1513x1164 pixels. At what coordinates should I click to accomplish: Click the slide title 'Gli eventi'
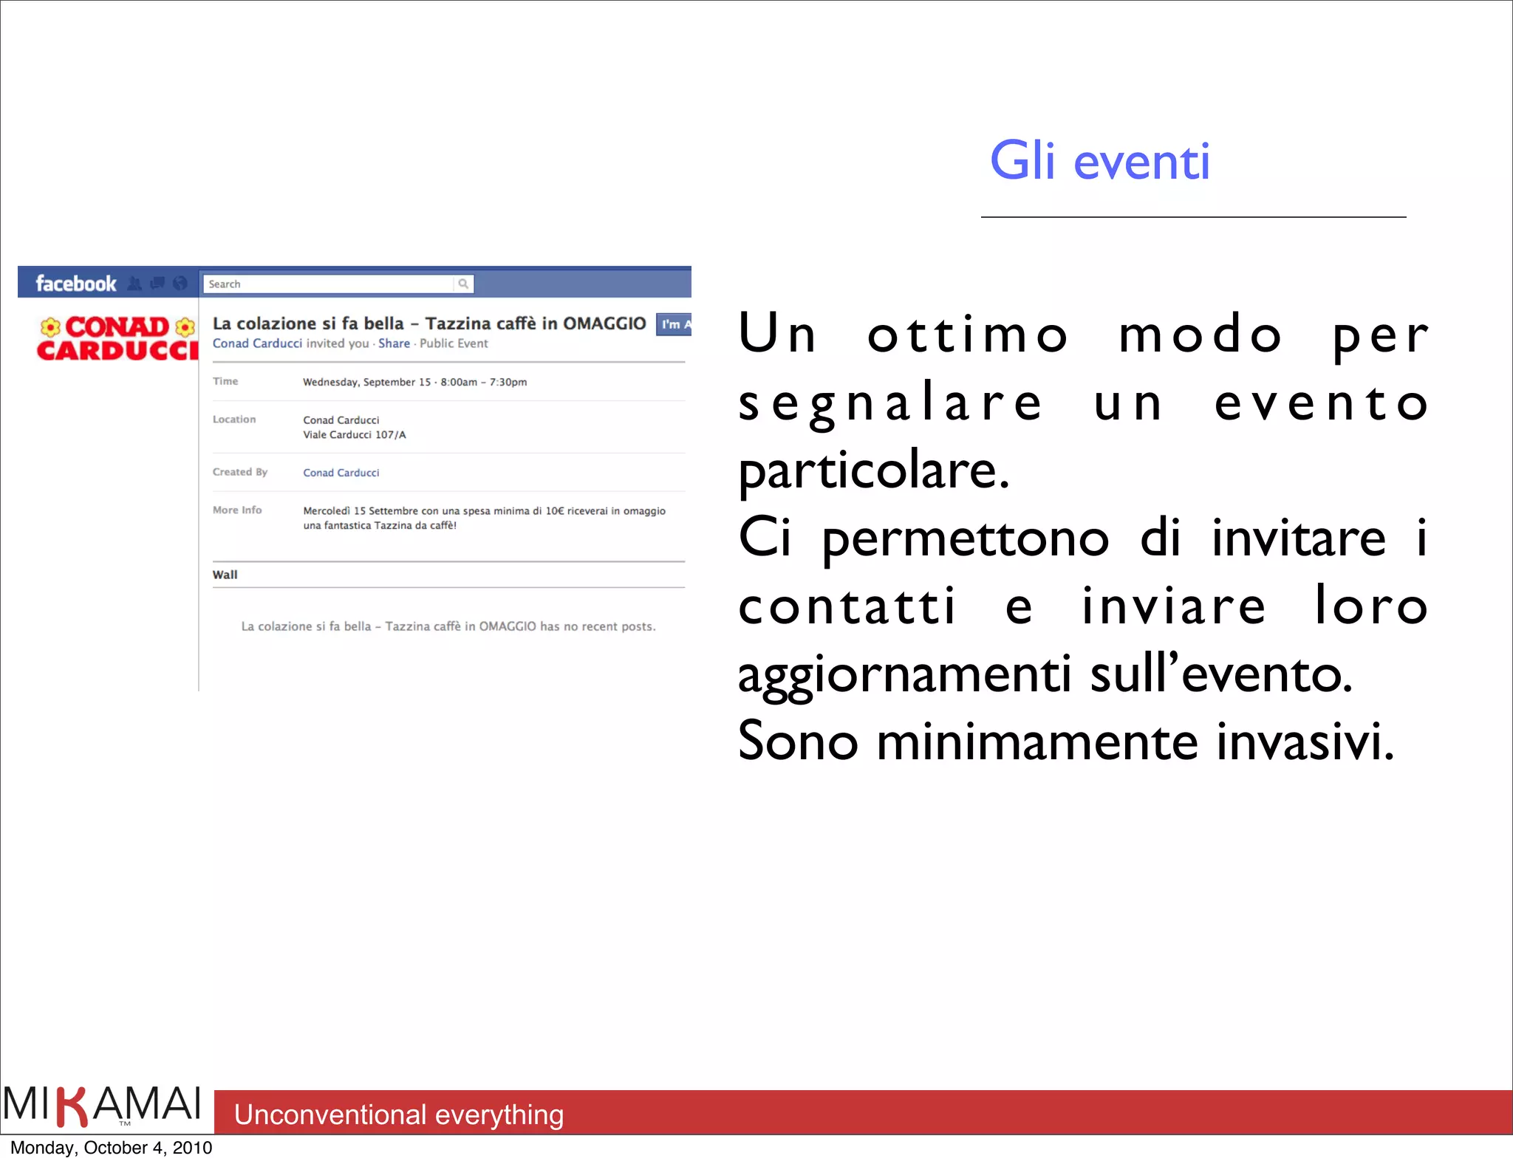1099,161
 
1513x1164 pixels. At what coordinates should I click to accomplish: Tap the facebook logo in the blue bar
75,284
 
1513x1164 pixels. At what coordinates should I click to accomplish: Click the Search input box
329,284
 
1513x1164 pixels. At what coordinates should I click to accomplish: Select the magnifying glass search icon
463,284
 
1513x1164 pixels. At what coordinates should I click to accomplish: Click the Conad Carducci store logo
117,338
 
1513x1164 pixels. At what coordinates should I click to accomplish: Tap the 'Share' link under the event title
394,343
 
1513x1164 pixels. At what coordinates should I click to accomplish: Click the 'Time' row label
225,381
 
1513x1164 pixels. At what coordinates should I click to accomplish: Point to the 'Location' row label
234,420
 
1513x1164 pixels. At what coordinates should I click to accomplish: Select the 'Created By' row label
240,472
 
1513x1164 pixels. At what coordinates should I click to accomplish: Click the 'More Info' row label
237,510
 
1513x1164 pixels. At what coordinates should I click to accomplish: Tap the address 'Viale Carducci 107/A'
355,435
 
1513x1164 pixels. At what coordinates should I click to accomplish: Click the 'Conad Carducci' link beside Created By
341,473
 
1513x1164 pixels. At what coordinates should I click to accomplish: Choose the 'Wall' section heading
225,575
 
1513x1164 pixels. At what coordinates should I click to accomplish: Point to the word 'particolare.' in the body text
874,470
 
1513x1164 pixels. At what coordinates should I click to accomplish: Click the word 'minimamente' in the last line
1036,742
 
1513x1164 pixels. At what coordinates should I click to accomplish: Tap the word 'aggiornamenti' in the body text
905,674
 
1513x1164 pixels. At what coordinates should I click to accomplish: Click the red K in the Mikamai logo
72,1106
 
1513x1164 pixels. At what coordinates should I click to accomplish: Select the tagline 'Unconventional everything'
399,1115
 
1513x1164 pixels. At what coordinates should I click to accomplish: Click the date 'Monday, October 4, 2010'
112,1148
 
